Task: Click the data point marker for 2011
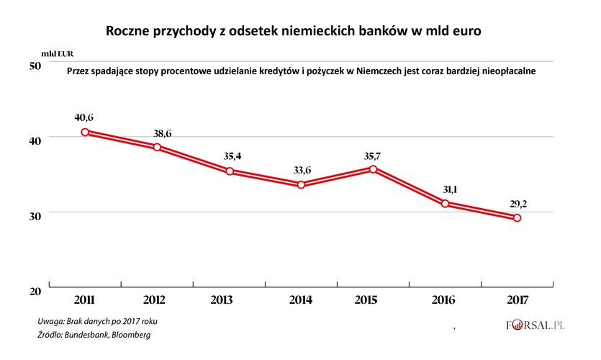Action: click(x=85, y=132)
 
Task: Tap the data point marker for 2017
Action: click(x=518, y=218)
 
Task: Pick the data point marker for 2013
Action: click(x=230, y=171)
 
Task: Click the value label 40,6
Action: click(x=85, y=116)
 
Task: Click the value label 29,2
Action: click(x=518, y=203)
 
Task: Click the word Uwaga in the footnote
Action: click(x=53, y=321)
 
